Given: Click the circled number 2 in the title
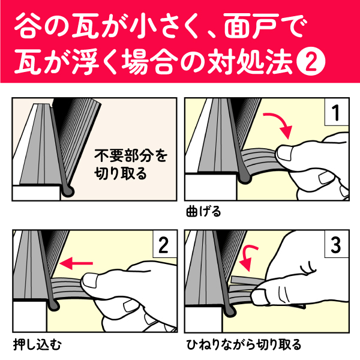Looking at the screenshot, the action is click(x=311, y=62).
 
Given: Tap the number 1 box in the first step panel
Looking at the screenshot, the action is click(x=337, y=112).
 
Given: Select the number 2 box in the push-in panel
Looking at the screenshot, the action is click(x=164, y=244).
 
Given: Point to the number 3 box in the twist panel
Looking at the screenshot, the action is click(x=337, y=244).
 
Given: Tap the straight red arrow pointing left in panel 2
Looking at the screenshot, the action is click(x=76, y=263).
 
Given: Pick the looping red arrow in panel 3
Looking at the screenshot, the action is click(x=247, y=257).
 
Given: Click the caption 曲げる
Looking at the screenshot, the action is click(x=203, y=212).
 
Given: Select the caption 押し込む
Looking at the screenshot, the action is click(x=37, y=344).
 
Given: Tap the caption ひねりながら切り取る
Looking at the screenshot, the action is click(x=244, y=344).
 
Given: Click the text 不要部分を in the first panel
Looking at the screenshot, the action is click(x=131, y=155).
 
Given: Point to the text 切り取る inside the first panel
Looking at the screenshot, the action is click(x=121, y=173).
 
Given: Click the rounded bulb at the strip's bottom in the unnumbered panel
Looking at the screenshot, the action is click(x=68, y=191).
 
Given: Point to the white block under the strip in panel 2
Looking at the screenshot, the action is click(x=30, y=316).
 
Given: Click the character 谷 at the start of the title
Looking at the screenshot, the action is click(x=28, y=25).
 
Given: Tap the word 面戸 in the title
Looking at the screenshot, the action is click(x=251, y=25).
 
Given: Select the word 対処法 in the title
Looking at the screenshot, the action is click(x=250, y=62).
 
